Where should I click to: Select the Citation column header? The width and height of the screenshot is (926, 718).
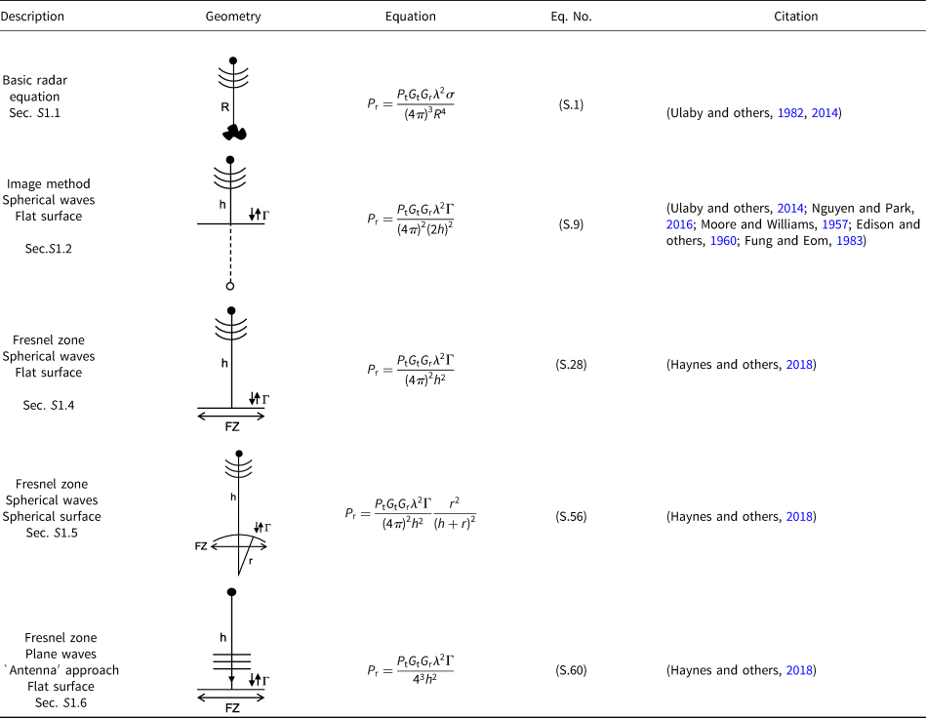(x=797, y=17)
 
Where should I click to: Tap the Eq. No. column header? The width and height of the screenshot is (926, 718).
(x=571, y=17)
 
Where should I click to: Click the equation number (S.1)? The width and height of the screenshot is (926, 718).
(x=571, y=104)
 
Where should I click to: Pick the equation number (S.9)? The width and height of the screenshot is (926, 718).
(x=571, y=224)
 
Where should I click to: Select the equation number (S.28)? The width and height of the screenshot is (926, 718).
(x=571, y=365)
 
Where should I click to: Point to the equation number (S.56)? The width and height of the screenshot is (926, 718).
(x=571, y=516)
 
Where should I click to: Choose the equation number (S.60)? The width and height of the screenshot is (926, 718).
(x=571, y=671)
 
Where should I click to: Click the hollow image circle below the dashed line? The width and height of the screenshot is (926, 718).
(x=230, y=286)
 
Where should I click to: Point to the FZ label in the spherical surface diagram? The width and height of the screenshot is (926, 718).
(x=202, y=546)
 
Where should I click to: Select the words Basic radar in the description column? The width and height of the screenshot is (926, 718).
(x=34, y=80)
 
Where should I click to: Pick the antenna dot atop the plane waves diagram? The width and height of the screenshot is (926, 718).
(x=231, y=592)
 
